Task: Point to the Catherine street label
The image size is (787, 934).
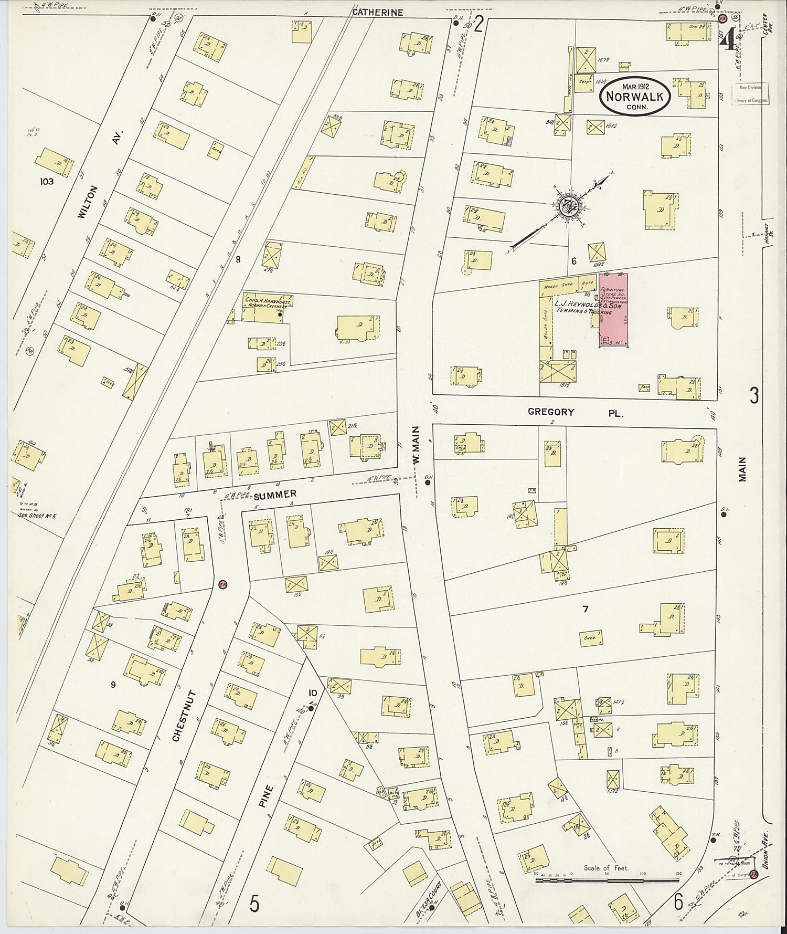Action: (377, 12)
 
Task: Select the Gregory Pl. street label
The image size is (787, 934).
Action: (575, 413)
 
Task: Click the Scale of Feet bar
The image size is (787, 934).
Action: (607, 878)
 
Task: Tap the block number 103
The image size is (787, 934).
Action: (47, 182)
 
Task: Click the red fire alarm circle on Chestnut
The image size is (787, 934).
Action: (222, 584)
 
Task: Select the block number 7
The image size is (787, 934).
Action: (585, 609)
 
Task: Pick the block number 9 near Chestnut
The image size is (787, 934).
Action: (113, 684)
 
